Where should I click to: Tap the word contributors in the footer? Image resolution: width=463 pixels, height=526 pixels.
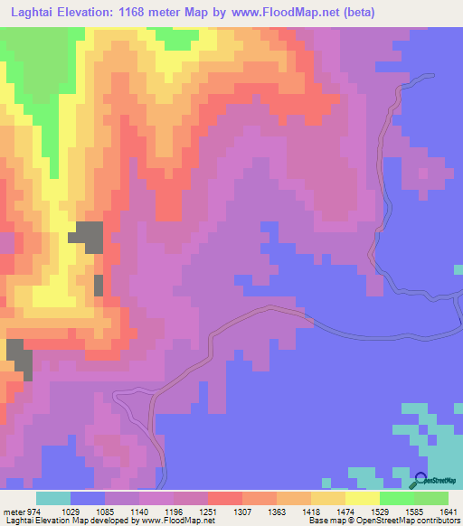click(437, 521)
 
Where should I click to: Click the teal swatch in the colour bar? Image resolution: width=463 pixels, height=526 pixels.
click(53, 498)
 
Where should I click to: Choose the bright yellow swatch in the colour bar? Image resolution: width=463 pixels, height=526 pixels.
click(363, 498)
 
